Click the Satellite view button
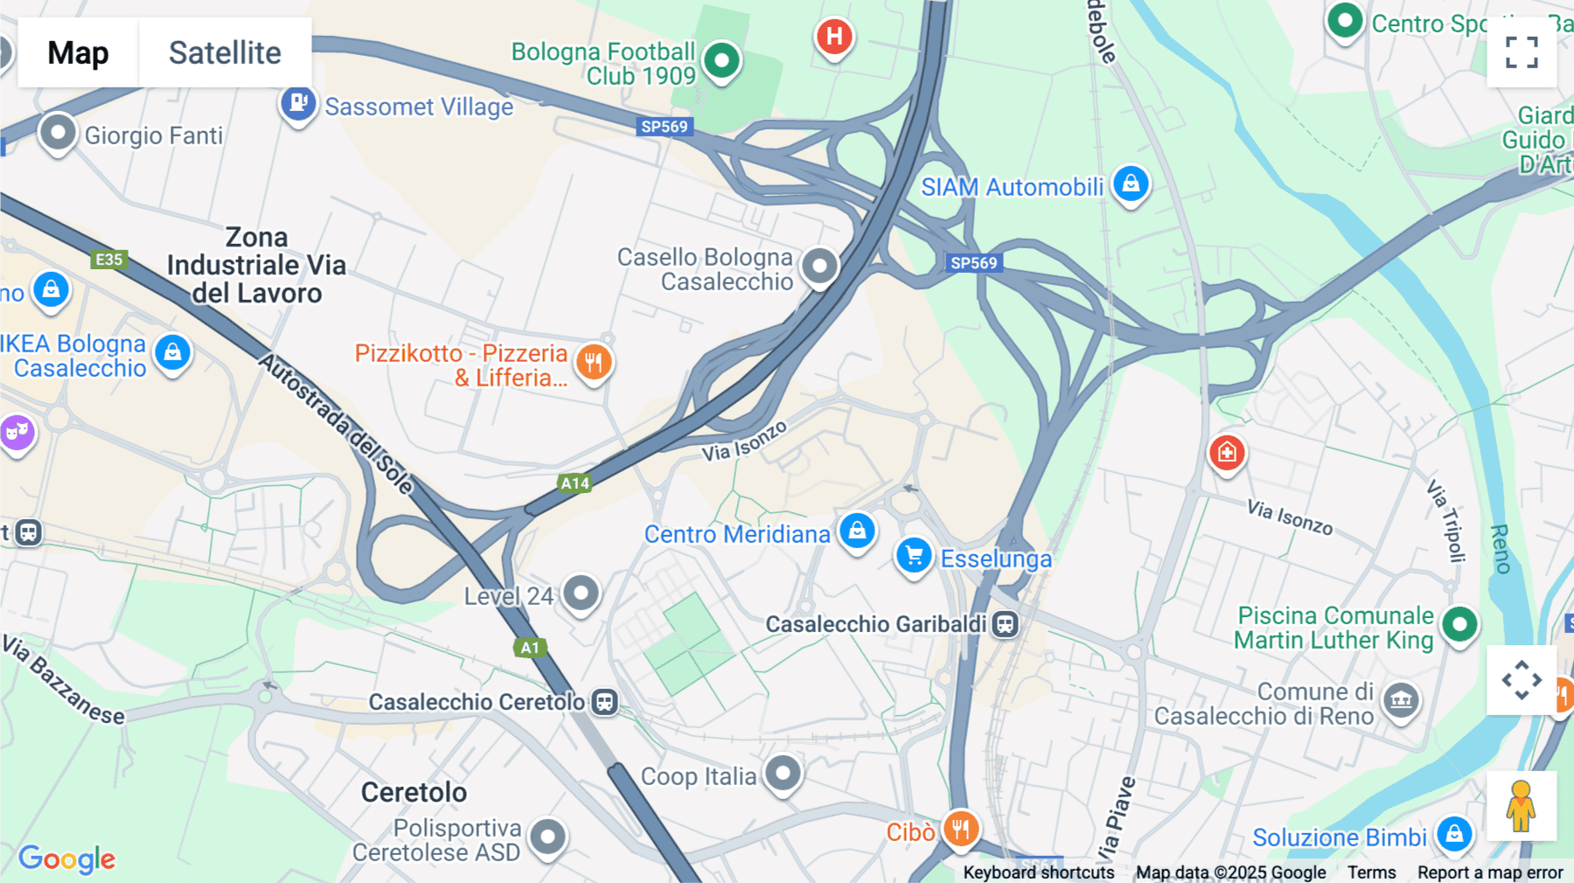[x=225, y=52]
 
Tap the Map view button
[x=78, y=52]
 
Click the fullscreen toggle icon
[x=1522, y=52]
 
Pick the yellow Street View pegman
[x=1521, y=806]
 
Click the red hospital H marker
[x=834, y=37]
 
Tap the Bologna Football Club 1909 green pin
[x=721, y=60]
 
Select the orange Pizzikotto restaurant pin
[x=594, y=360]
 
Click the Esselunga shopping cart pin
[x=914, y=555]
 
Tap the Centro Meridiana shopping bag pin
[x=857, y=530]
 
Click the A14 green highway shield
[x=575, y=483]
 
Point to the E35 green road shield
[x=108, y=260]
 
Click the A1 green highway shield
[x=530, y=648]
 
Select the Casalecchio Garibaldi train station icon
[x=1006, y=624]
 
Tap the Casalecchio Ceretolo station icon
[x=604, y=702]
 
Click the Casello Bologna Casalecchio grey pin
[x=819, y=265]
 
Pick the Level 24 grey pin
[x=581, y=593]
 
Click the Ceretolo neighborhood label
[x=414, y=792]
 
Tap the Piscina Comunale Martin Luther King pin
[x=1459, y=624]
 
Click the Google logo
[x=66, y=859]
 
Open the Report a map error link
[x=1490, y=873]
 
